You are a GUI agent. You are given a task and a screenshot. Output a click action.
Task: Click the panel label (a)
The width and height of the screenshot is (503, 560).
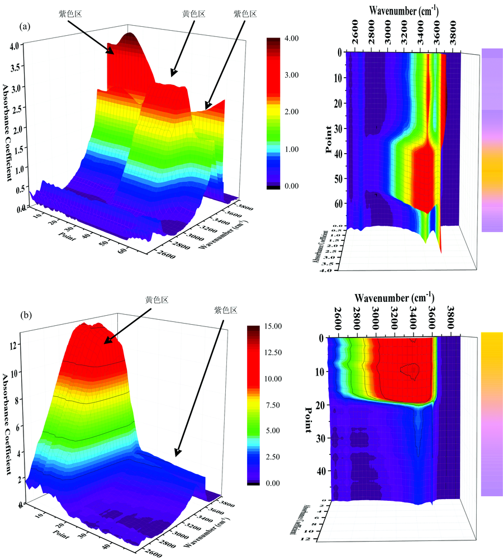point(24,26)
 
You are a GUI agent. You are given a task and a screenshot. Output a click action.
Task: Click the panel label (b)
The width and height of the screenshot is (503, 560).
point(24,315)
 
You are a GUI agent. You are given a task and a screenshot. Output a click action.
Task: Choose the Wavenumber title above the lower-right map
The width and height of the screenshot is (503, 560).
point(394,297)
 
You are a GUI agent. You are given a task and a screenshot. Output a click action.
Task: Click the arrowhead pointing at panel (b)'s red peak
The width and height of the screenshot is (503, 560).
point(106,341)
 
